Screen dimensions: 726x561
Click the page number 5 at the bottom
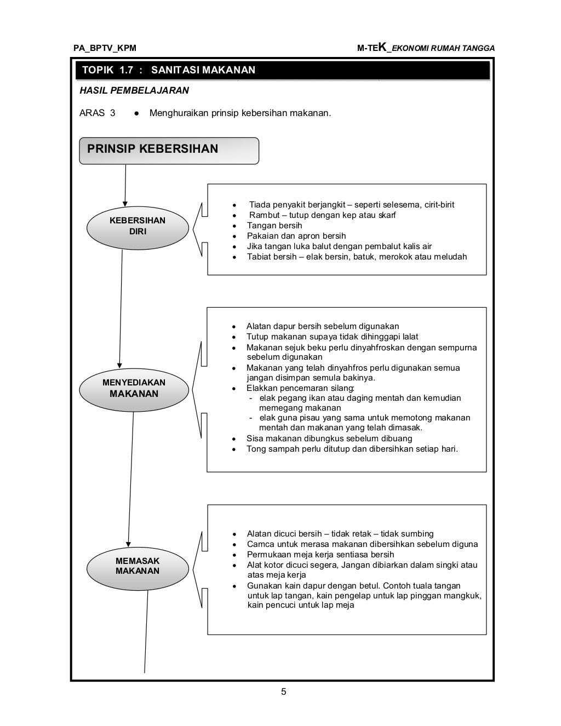283,692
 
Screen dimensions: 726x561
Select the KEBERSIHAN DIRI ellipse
137,226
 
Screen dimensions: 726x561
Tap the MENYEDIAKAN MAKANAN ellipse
134,388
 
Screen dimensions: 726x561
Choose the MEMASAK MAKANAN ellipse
138,566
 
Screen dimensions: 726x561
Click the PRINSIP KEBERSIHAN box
169,150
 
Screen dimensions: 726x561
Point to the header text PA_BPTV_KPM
105,48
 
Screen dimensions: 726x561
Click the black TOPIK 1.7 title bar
282,70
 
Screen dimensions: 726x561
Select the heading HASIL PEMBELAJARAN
134,90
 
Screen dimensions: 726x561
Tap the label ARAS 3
98,113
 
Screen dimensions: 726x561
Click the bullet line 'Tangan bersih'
274,226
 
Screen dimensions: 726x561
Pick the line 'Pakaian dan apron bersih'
296,236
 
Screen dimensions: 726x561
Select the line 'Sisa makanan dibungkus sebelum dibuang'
329,439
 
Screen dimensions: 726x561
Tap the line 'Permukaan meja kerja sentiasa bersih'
320,555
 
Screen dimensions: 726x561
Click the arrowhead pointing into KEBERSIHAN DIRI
125,204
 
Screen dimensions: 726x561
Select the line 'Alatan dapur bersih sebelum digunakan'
323,326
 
